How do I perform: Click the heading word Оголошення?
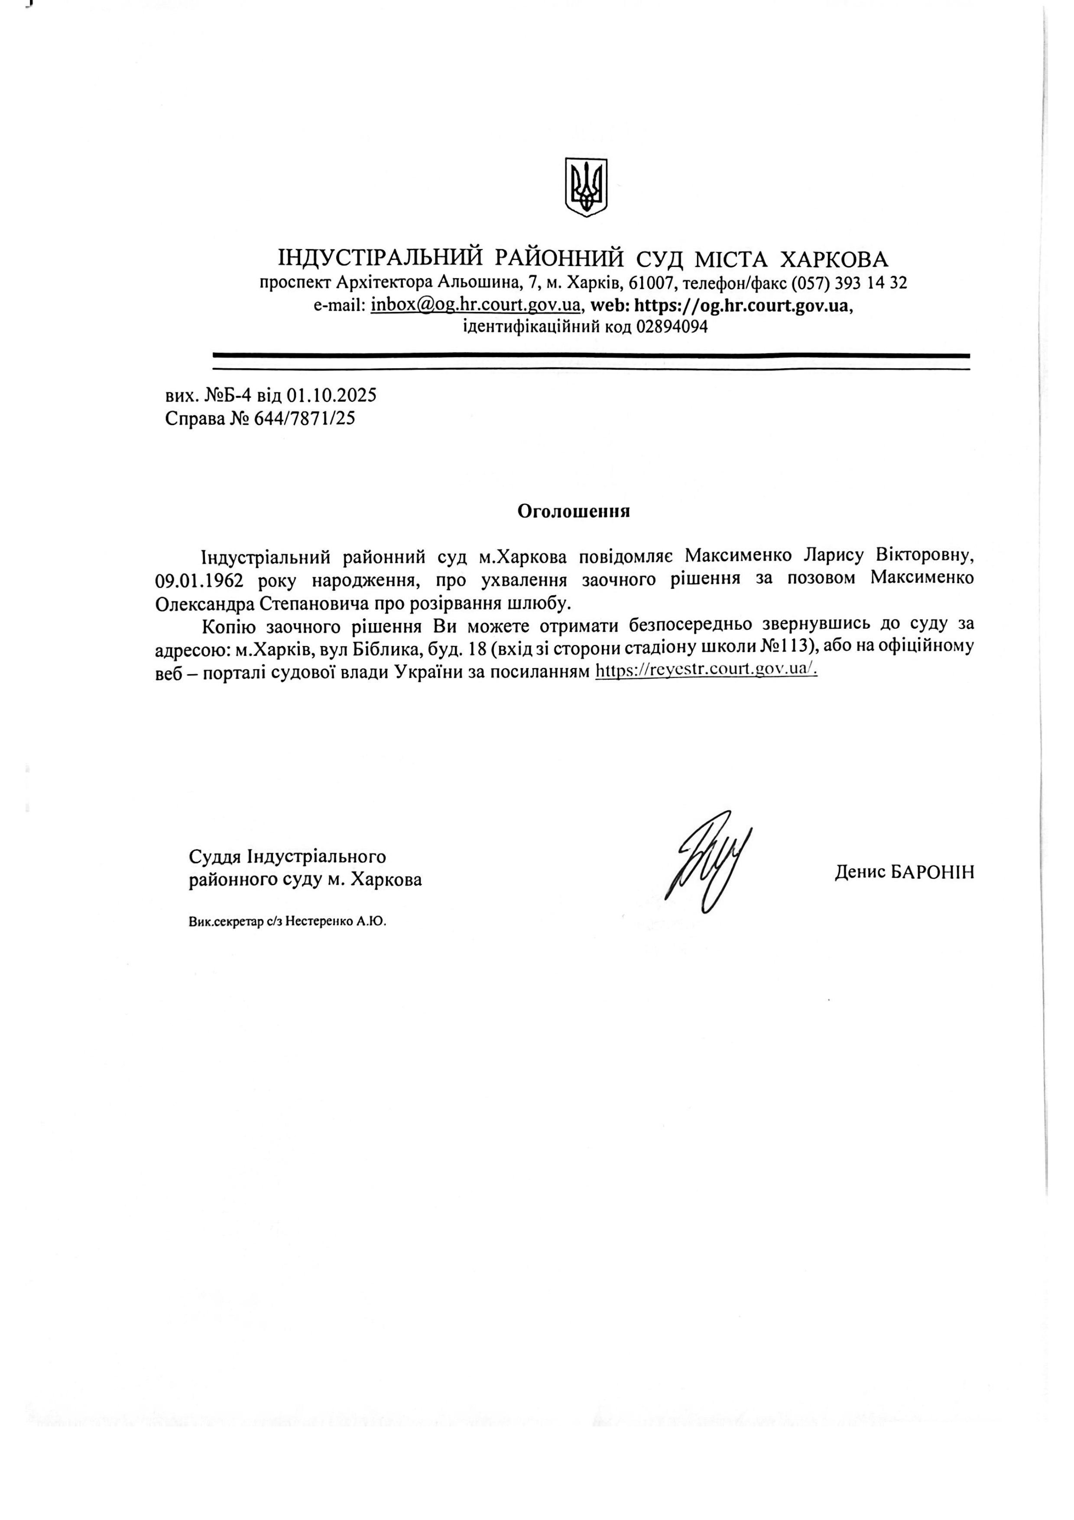(573, 511)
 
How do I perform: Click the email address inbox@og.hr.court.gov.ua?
(476, 305)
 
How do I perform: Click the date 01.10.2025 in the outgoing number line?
(331, 396)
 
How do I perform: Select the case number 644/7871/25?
(305, 419)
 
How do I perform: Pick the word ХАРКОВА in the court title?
(835, 259)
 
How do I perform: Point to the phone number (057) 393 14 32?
(849, 283)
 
